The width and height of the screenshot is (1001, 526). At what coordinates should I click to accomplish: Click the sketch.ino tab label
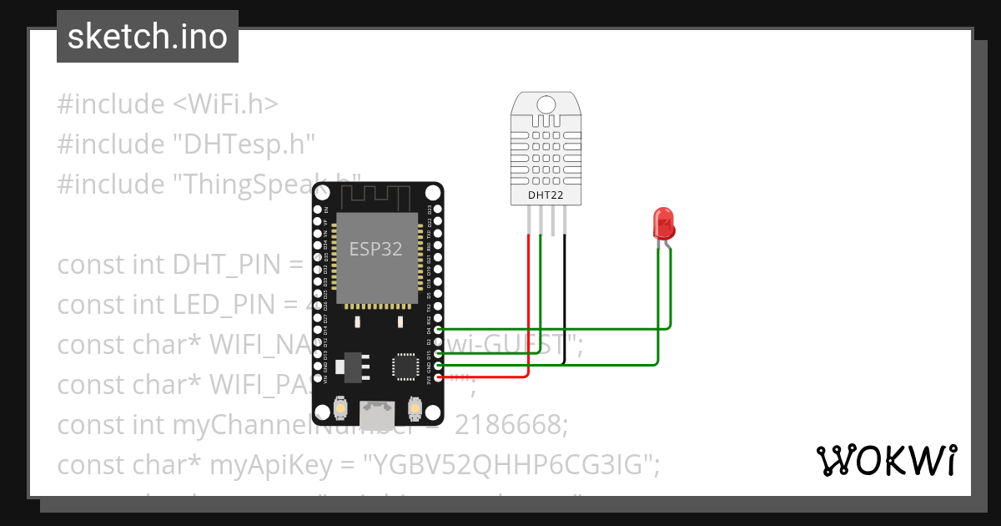(147, 37)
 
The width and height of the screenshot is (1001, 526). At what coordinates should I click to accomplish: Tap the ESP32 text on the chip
(375, 249)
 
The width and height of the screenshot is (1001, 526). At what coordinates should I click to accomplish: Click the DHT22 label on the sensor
(546, 195)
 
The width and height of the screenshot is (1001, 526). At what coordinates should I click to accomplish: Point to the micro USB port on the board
(378, 412)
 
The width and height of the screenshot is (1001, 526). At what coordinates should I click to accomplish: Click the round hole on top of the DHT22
(546, 104)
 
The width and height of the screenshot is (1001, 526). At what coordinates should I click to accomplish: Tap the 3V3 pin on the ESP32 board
(439, 377)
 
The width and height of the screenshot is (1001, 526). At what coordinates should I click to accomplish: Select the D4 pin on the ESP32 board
(439, 330)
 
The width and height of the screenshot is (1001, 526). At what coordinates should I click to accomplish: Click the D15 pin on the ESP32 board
(439, 353)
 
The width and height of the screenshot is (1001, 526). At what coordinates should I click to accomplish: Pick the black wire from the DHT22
(565, 301)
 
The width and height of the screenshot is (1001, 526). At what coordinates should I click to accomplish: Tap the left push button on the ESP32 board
(341, 408)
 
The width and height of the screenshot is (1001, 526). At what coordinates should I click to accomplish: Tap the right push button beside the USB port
(414, 408)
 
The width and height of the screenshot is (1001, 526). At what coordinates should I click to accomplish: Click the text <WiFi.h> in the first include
(225, 104)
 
